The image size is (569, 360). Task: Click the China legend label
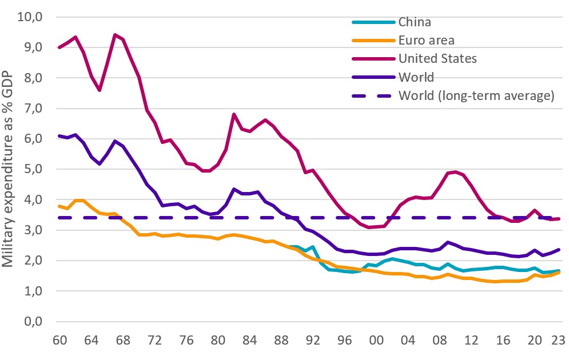pyautogui.click(x=415, y=23)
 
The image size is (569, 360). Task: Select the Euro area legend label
pyautogui.click(x=426, y=41)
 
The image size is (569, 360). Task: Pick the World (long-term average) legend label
pyautogui.click(x=476, y=95)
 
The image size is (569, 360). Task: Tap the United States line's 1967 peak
pyautogui.click(x=115, y=35)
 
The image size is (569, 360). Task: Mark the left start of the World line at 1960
pyautogui.click(x=59, y=136)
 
